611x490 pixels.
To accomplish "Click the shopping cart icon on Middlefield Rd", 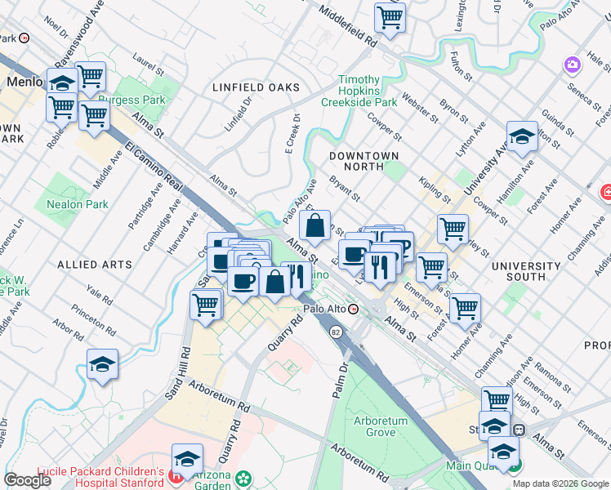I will pos(390,16).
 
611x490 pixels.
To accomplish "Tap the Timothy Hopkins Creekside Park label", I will pos(368,91).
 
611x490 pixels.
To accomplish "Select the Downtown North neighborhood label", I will pos(363,160).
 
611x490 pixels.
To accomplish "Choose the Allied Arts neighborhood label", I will pos(94,265).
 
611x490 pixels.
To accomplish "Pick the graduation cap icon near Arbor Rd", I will pos(102,364).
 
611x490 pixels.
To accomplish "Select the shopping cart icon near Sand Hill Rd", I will pos(206,305).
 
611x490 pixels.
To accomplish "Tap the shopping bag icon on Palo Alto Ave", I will pos(315,224).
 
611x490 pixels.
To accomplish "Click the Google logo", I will pos(27,480).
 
